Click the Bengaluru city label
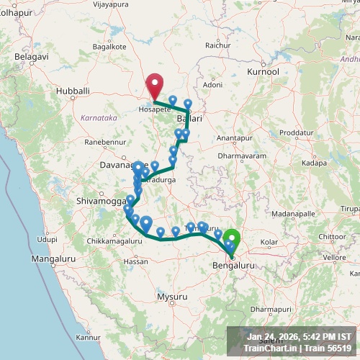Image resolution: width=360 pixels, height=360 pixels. [235, 266]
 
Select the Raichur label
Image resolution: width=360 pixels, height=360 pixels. [217, 45]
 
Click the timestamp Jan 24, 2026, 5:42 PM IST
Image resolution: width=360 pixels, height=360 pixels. [299, 336]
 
